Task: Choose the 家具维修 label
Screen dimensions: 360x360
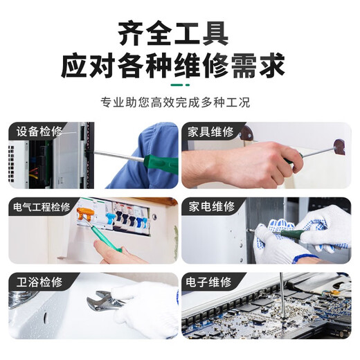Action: pyautogui.click(x=210, y=132)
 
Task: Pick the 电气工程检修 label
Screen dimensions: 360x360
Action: pyautogui.click(x=42, y=207)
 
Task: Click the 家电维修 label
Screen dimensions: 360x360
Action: pyautogui.click(x=210, y=207)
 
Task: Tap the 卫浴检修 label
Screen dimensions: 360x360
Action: pyautogui.click(x=38, y=282)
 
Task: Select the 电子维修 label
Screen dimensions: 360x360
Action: pyautogui.click(x=210, y=282)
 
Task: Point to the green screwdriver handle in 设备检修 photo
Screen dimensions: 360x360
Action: pyautogui.click(x=156, y=161)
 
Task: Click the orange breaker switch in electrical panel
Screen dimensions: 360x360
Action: pyautogui.click(x=85, y=215)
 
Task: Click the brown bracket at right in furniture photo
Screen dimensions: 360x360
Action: pyautogui.click(x=339, y=147)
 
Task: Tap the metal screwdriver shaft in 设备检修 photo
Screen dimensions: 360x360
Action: pyautogui.click(x=118, y=156)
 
